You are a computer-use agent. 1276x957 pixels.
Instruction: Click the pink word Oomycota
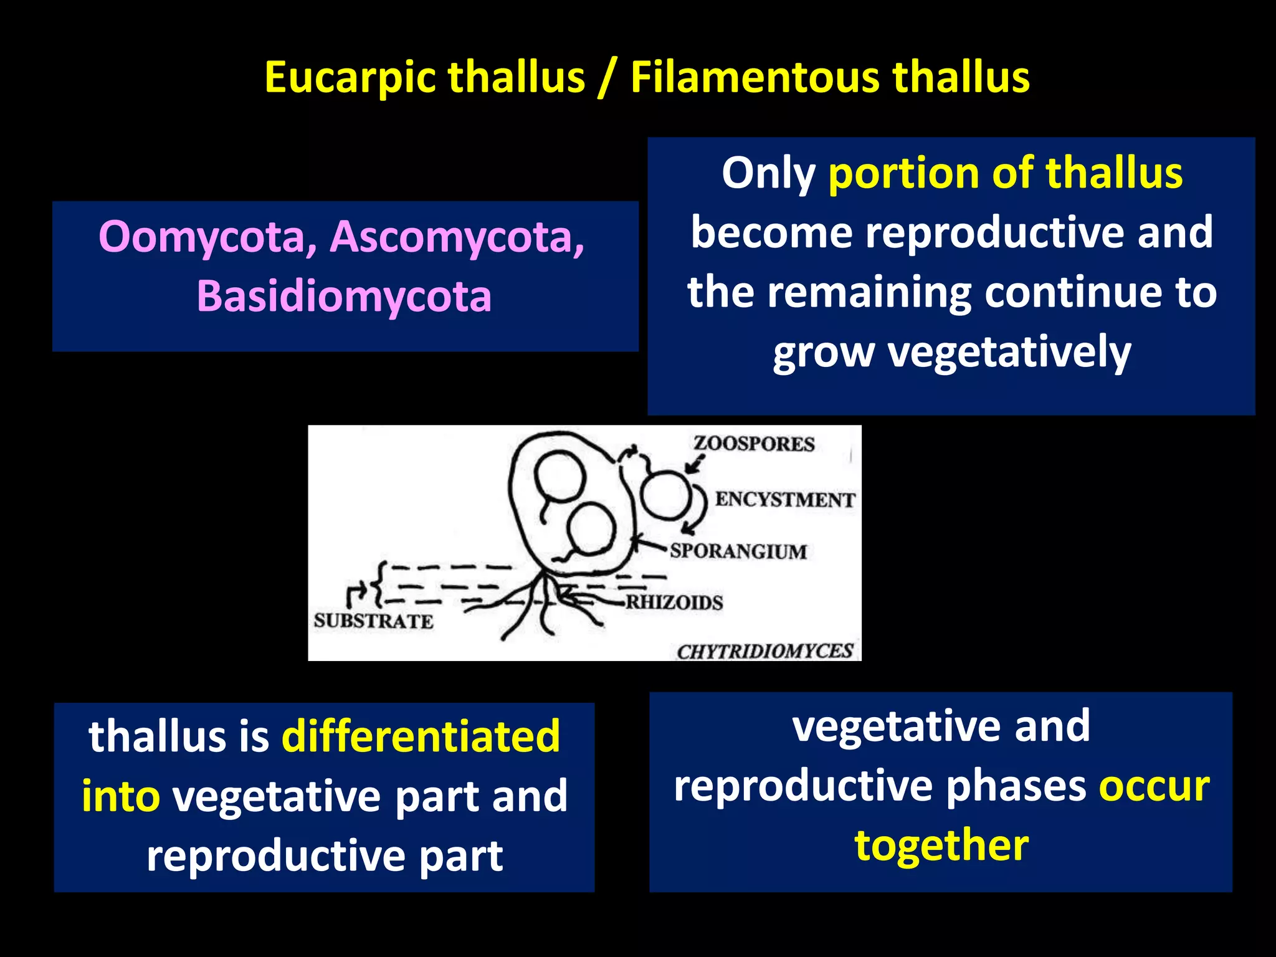coord(207,237)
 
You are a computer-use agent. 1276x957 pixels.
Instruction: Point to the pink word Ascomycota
coord(457,237)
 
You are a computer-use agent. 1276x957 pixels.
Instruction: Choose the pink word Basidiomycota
coord(344,296)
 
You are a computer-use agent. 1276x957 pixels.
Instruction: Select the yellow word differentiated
coord(421,736)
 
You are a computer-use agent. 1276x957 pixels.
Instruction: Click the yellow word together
coord(941,845)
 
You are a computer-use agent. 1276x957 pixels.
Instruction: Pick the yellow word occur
coord(1153,786)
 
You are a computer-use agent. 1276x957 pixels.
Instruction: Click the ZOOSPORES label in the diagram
coord(754,444)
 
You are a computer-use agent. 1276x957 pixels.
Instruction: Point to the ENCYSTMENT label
coord(785,500)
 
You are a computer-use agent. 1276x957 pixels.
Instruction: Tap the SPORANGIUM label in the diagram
coord(738,551)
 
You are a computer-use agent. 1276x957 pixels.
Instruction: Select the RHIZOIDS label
coord(674,602)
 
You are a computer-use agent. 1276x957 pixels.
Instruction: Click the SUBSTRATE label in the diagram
coord(373,621)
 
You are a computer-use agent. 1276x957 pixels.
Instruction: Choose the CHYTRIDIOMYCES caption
coord(765,651)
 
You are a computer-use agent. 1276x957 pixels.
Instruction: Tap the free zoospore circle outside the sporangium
coord(665,496)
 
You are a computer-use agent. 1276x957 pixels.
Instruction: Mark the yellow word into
coord(121,796)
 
